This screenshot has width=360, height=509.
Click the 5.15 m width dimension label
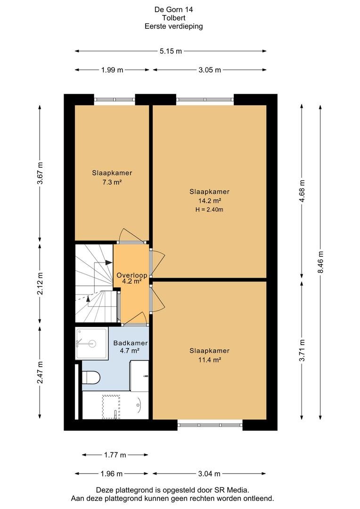tap(171, 51)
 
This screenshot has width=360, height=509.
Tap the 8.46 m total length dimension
tap(321, 262)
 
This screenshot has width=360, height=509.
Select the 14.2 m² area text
tap(210, 201)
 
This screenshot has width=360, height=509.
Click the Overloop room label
tap(132, 275)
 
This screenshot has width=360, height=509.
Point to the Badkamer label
tap(131, 343)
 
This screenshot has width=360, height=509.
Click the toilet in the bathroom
tap(91, 377)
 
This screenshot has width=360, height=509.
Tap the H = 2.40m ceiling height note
tap(209, 210)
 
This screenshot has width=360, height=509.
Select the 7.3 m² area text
tap(112, 182)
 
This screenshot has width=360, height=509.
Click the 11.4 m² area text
tap(210, 360)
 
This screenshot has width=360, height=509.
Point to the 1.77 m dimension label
tap(115, 455)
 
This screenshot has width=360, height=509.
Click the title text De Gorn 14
tap(174, 9)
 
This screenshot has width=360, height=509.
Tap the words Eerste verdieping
tap(174, 26)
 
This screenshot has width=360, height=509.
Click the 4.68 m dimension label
tap(302, 191)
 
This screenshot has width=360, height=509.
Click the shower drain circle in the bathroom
tap(92, 343)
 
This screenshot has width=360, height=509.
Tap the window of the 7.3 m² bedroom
tap(115, 99)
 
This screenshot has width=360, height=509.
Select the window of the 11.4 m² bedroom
tap(210, 425)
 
